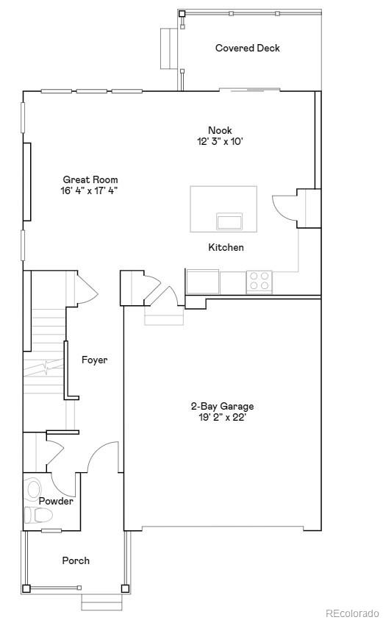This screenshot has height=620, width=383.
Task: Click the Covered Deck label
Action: point(247,49)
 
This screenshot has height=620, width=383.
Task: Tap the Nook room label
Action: point(220,131)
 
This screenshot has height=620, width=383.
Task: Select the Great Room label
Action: point(90,179)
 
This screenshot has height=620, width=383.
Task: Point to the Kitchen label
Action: point(226,248)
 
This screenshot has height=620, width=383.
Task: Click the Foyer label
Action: point(94,360)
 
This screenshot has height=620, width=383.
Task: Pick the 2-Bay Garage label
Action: point(222,406)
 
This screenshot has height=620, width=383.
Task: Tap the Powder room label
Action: point(56,502)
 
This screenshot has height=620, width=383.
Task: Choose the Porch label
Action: point(76,560)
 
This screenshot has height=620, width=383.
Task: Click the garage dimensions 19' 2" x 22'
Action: point(222,417)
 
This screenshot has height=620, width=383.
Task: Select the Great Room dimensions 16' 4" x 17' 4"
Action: point(90,190)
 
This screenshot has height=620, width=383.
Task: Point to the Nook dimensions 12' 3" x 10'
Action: point(220,141)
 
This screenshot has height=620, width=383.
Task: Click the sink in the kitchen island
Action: point(229,221)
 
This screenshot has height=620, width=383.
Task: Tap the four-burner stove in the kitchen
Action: point(259,282)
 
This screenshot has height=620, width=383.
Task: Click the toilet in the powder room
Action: point(34,514)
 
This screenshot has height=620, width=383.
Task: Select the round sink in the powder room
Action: point(33,488)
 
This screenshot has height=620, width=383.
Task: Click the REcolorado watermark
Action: point(352,613)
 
